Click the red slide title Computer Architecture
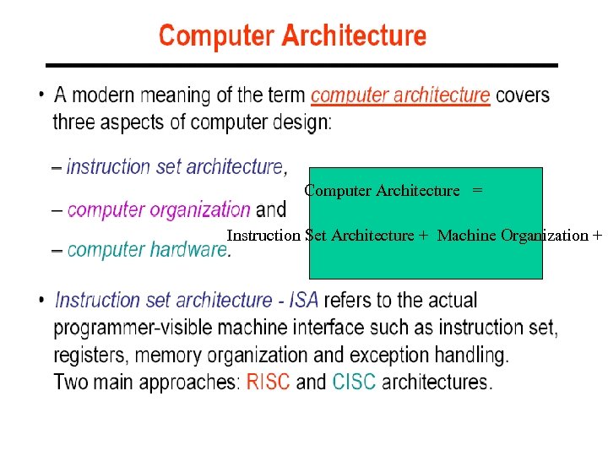click(292, 36)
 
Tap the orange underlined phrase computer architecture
click(399, 95)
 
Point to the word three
click(74, 122)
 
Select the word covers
click(523, 95)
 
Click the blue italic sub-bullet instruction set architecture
click(175, 166)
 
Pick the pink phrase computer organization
click(159, 209)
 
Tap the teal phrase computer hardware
click(146, 250)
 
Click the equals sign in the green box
click(478, 191)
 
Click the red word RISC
click(268, 382)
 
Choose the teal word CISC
click(354, 382)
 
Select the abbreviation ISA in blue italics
click(304, 300)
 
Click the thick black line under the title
click(301, 65)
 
